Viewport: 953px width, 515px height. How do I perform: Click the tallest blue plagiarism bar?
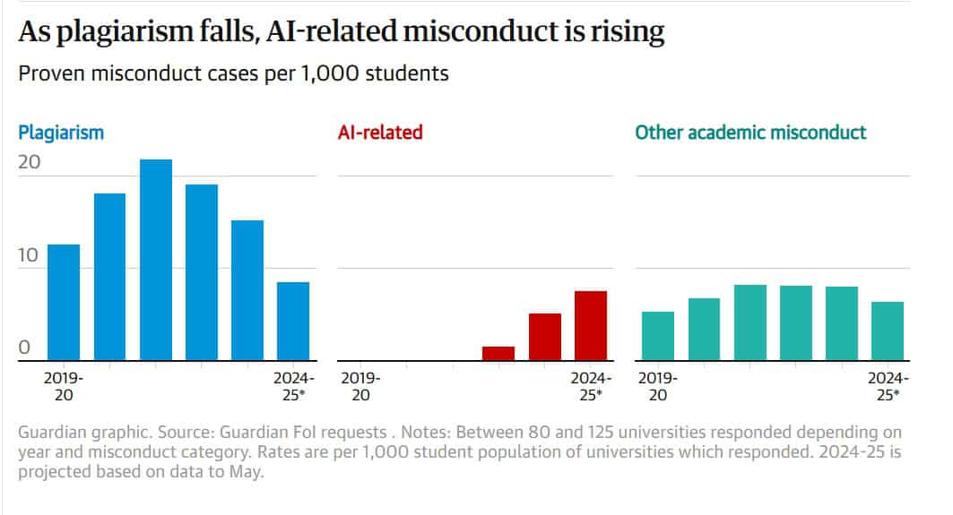click(156, 260)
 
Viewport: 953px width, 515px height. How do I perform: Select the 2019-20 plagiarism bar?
click(64, 302)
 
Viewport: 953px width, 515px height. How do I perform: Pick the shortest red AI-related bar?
click(498, 353)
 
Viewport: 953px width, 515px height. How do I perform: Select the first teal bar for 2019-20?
click(658, 336)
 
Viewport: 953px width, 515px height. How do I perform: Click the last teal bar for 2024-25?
click(888, 330)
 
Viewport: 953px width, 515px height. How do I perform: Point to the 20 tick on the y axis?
click(30, 162)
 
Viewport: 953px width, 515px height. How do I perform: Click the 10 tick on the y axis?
click(30, 255)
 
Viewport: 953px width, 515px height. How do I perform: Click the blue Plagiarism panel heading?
click(61, 133)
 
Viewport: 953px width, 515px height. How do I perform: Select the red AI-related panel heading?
click(380, 133)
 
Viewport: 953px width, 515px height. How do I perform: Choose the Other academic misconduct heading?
click(750, 133)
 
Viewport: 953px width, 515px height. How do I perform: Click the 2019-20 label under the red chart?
click(360, 386)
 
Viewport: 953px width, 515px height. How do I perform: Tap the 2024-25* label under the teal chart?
click(888, 386)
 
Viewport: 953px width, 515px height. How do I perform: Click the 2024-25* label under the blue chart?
click(294, 386)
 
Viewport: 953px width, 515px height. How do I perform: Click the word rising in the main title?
click(625, 32)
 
